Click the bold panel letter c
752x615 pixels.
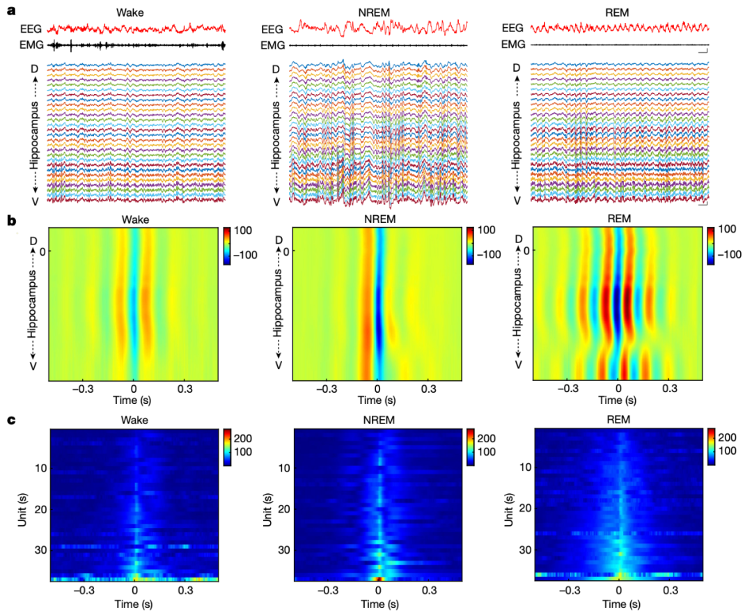pyautogui.click(x=10, y=420)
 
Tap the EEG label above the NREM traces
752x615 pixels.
pyautogui.click(x=272, y=29)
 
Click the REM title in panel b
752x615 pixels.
pyautogui.click(x=618, y=219)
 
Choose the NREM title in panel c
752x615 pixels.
pyautogui.click(x=377, y=420)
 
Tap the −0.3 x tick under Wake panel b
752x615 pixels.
pyautogui.click(x=82, y=389)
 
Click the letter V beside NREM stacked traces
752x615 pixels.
pyautogui.click(x=276, y=202)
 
